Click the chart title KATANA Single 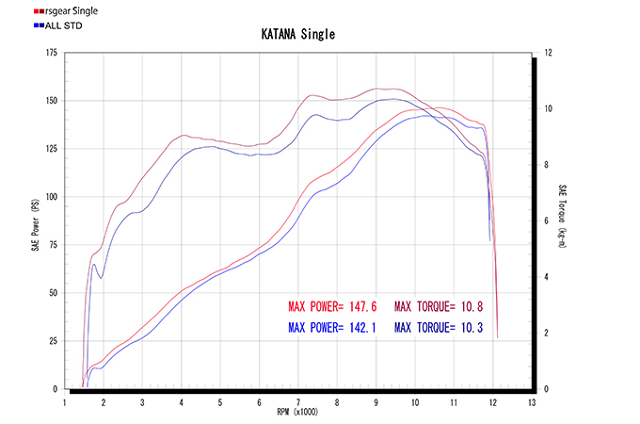pyautogui.click(x=297, y=35)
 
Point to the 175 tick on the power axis pyautogui.click(x=49, y=53)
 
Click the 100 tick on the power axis pyautogui.click(x=49, y=197)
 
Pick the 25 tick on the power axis pyautogui.click(x=51, y=341)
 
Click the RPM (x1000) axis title pyautogui.click(x=297, y=413)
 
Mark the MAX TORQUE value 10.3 pyautogui.click(x=471, y=328)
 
